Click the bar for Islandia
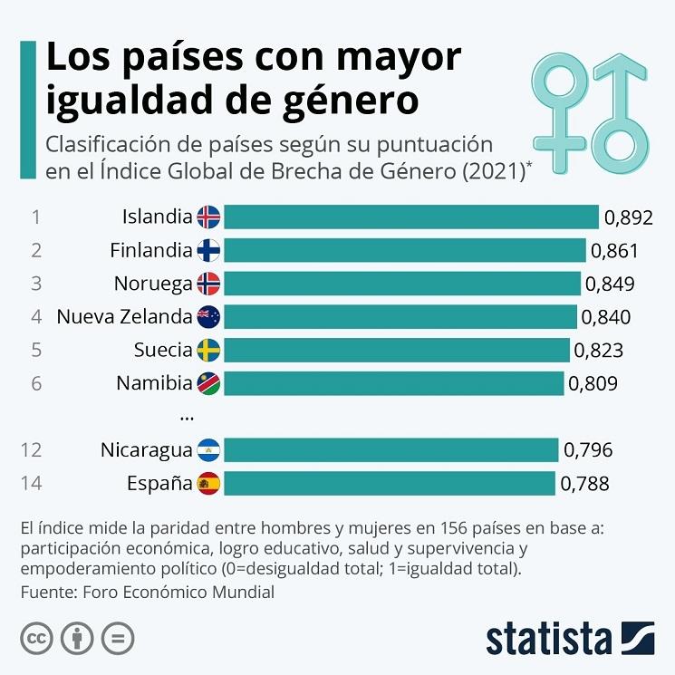411,217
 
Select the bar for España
390,483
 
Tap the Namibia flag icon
208,383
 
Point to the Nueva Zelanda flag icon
208,316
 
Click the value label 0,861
614,251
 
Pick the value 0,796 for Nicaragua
588,449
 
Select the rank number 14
31,483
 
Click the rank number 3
36,284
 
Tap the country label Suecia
163,350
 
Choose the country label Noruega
153,284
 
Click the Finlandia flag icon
208,250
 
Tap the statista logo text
549,638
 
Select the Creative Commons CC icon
36,638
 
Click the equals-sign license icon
118,638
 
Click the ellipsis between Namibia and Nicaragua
188,416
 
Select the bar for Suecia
397,350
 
